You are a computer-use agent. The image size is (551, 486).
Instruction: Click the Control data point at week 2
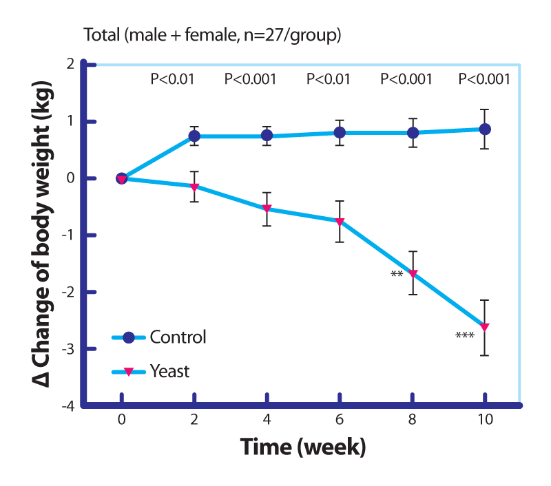(x=194, y=137)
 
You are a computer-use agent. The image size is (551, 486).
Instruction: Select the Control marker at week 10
(x=485, y=129)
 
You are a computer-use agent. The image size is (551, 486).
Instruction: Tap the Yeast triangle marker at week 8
(x=413, y=274)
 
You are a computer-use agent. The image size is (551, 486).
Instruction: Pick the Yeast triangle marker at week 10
(x=485, y=327)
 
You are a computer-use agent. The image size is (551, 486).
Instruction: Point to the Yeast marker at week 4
(x=267, y=209)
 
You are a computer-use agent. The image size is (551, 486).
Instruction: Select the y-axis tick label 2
(x=70, y=64)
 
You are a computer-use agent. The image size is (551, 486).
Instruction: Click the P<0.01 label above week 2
(x=172, y=79)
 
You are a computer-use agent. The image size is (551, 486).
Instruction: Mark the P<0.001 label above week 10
(x=485, y=79)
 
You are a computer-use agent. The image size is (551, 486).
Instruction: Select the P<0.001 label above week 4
(x=251, y=79)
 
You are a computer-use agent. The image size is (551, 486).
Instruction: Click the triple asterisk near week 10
(x=465, y=337)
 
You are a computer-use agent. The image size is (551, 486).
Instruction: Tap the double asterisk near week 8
(x=397, y=275)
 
